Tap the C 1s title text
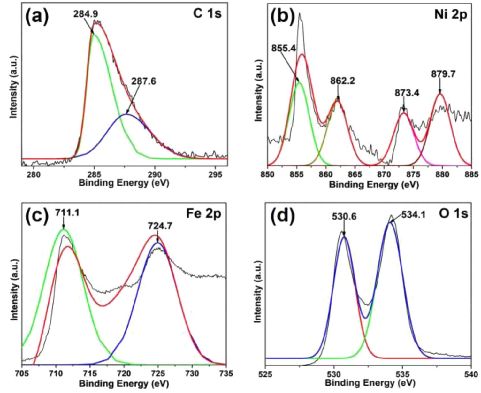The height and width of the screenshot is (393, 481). tap(207, 14)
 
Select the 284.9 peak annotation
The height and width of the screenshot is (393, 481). tap(86, 14)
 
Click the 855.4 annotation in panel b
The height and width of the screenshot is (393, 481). tap(283, 48)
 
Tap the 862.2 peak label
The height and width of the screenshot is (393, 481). tap(342, 81)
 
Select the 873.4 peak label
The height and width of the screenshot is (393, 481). tap(407, 93)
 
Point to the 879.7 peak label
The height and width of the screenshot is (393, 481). tap(443, 74)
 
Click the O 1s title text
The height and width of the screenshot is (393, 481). tap(453, 213)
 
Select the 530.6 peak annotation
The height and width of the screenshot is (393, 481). tap(344, 217)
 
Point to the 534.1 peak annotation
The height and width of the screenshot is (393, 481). tap(413, 215)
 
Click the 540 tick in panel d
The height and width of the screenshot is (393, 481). tap(470, 373)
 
